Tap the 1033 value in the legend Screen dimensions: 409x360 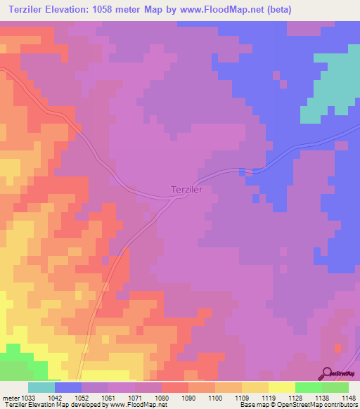pos(27,398)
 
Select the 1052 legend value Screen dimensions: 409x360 pos(81,398)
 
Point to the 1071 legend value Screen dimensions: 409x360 pos(134,398)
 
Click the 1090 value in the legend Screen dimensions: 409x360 pos(188,398)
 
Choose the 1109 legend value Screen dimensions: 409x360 pos(241,398)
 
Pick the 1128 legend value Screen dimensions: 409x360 pos(295,398)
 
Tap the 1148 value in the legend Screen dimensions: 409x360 pos(347,398)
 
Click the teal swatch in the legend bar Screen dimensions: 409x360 pos(41,387)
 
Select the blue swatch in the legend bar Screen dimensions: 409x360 pos(68,387)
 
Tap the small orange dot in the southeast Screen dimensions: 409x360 pos(338,348)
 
